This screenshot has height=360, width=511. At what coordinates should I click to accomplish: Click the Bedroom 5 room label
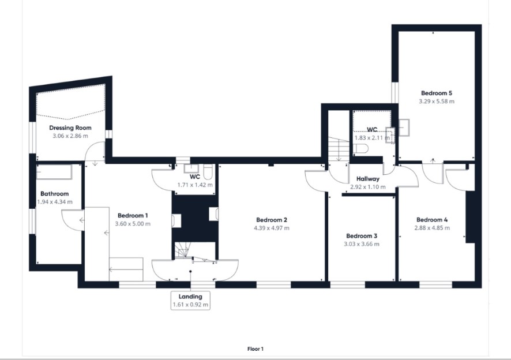click(437, 93)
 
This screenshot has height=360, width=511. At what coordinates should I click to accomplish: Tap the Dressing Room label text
click(70, 128)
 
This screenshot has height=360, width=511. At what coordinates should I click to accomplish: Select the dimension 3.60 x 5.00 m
click(133, 224)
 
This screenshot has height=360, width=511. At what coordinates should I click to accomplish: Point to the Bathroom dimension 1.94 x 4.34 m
click(55, 202)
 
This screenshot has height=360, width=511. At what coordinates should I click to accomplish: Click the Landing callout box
click(190, 301)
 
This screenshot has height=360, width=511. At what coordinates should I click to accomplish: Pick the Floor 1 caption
click(255, 349)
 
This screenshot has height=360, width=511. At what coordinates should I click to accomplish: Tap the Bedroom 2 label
click(272, 220)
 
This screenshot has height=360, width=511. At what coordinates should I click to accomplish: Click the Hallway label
click(368, 179)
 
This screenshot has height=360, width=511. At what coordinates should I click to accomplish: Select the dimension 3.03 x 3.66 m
click(362, 244)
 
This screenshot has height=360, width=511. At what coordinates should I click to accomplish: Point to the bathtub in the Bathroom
click(54, 172)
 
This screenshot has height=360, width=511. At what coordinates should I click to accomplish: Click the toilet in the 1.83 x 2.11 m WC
click(362, 148)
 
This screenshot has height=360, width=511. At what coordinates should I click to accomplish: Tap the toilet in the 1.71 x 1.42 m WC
click(208, 172)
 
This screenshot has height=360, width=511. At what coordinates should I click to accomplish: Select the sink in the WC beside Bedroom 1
click(191, 168)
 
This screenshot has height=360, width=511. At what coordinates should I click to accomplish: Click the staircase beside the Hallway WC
click(339, 149)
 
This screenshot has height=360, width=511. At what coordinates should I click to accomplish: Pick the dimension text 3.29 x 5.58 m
click(437, 102)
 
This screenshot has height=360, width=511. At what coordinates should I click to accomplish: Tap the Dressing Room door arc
click(91, 149)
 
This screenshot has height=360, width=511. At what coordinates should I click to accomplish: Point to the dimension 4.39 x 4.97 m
click(272, 228)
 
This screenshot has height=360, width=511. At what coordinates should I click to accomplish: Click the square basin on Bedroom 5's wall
click(404, 127)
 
